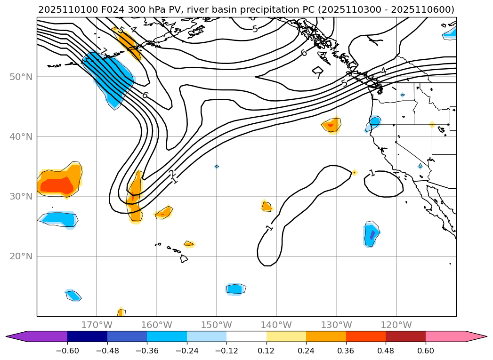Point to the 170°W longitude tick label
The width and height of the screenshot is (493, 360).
click(97, 325)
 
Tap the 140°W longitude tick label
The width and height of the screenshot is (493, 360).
click(276, 325)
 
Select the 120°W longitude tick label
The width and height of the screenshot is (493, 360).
click(396, 325)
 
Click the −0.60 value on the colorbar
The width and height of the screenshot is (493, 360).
click(67, 351)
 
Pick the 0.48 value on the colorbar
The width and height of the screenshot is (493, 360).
click(386, 351)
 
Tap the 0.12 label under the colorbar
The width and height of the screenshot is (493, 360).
click(267, 351)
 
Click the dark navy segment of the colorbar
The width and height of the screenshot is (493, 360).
click(87, 336)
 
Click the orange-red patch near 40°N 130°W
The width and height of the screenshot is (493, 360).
click(331, 125)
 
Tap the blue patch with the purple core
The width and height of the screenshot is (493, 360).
click(372, 234)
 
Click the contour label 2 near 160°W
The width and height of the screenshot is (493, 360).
click(172, 174)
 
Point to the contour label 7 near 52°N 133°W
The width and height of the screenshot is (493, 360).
click(318, 75)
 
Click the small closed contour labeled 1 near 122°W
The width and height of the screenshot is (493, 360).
click(384, 184)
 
